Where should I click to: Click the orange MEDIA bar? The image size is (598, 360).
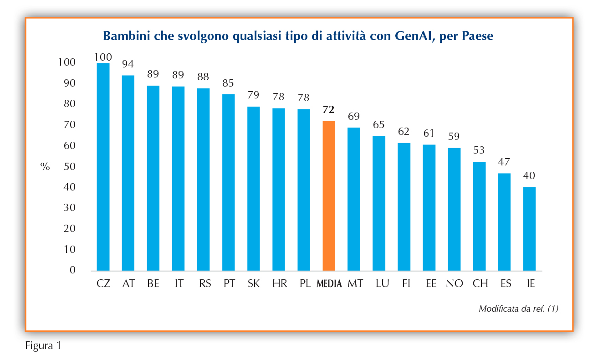coord(329,196)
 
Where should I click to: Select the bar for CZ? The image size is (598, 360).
coord(103,167)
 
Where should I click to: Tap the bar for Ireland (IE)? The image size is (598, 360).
coord(529,229)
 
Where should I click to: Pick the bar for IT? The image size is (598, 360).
coord(179,179)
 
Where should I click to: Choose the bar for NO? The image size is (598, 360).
coord(454,209)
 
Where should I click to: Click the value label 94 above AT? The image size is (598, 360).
coord(128,64)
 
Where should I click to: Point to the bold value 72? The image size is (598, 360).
coord(328,109)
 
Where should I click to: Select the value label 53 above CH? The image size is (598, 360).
coord(479,150)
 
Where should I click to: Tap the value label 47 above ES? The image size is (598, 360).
coord(504,162)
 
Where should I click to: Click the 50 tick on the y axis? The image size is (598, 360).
coord(69,166)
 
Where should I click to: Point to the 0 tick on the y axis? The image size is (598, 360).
coord(72,270)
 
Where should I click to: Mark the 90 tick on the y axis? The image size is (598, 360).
coord(69,83)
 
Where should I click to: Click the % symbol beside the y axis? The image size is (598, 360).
coord(45,167)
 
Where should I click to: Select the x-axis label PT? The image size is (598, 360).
coord(229,283)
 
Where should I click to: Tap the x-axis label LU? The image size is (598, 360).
coord(382,283)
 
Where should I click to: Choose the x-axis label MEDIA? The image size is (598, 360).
coord(329,283)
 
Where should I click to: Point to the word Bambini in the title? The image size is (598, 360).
coord(127,36)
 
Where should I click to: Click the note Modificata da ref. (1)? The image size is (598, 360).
coord(518,309)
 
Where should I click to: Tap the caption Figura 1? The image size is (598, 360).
coord(43,345)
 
